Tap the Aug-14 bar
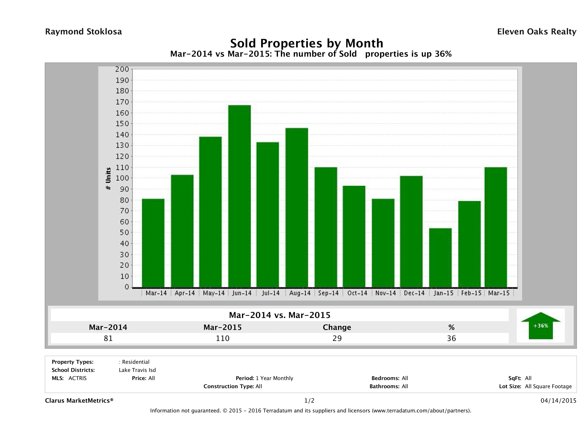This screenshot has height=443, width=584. [297, 208]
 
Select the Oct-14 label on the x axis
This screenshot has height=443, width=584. [357, 293]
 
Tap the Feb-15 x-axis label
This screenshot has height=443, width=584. [471, 293]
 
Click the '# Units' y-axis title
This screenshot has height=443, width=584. [108, 178]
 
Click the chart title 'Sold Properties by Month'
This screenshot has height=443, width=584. [307, 43]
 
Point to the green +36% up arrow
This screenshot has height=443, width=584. [540, 326]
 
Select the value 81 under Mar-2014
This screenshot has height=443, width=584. [108, 338]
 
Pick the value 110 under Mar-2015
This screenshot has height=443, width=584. [223, 338]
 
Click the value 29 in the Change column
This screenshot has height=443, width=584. [337, 338]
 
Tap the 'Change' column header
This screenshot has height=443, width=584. [337, 327]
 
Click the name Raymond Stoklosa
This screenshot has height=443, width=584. [83, 32]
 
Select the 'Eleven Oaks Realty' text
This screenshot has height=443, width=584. [536, 32]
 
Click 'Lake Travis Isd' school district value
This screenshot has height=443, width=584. [137, 370]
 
